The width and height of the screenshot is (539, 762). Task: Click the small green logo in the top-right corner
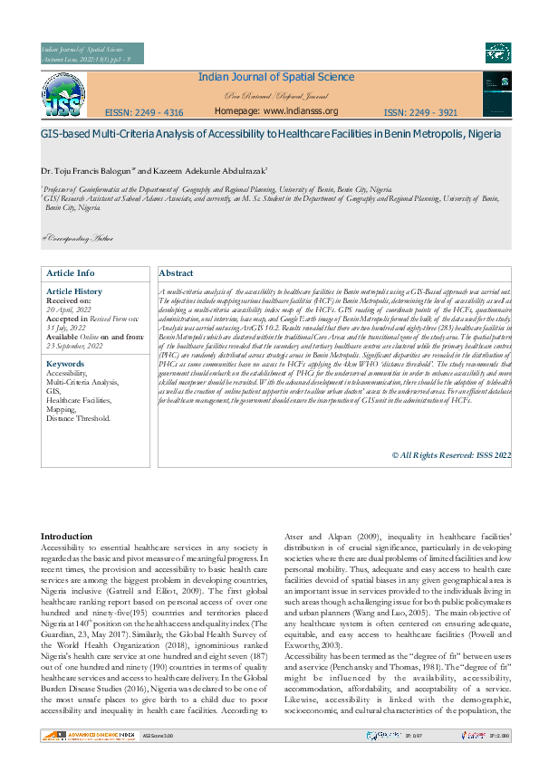coord(497,52)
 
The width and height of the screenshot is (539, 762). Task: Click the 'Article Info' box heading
coord(71,272)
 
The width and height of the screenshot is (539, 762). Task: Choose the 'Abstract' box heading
coord(177,272)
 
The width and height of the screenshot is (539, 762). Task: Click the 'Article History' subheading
coord(74,291)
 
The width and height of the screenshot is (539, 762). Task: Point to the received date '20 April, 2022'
coord(70,310)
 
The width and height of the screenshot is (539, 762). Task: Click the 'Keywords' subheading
coord(64,364)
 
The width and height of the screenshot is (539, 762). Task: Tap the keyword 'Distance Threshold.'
coord(79,418)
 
